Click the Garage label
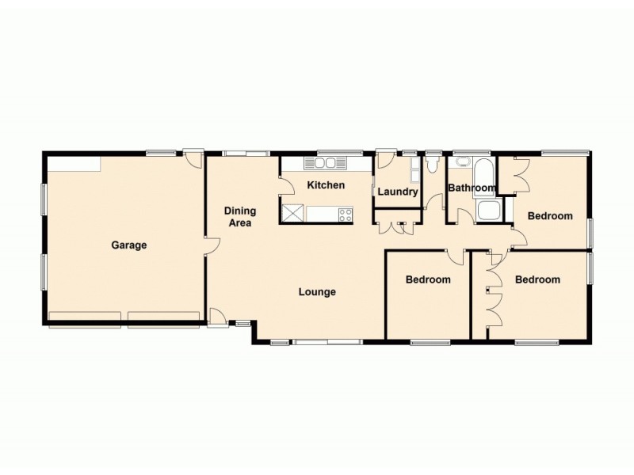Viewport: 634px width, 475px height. click(x=128, y=245)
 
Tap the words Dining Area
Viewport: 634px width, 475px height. click(x=239, y=217)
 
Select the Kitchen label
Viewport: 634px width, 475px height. click(x=326, y=185)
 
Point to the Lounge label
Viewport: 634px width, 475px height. click(x=317, y=292)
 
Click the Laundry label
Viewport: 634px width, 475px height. click(x=397, y=192)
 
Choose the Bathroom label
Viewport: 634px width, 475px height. click(x=472, y=188)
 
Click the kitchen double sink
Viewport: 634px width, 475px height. click(x=325, y=164)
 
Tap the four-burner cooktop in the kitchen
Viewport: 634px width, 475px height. click(x=346, y=214)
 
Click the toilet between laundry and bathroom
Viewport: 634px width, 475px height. click(x=432, y=165)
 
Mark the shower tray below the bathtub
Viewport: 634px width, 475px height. click(x=488, y=211)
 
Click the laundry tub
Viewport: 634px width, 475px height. click(x=414, y=169)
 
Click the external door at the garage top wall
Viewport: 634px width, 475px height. click(x=192, y=158)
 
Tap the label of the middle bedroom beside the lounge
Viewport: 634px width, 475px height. click(x=428, y=279)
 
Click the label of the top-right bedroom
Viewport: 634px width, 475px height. click(x=550, y=216)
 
